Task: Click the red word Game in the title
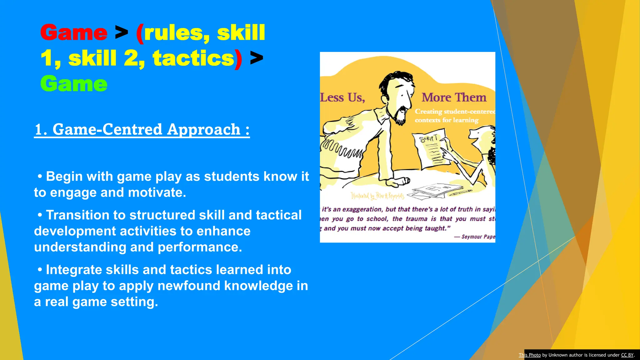[74, 32]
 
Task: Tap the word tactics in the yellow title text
[193, 58]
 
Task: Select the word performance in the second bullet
[200, 247]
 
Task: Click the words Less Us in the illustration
[342, 97]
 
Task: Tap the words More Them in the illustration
[454, 97]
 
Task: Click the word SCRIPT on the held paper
[428, 138]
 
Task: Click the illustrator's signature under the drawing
[377, 196]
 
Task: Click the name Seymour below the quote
[472, 237]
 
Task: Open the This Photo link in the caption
[529, 355]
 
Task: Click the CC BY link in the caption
[627, 355]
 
